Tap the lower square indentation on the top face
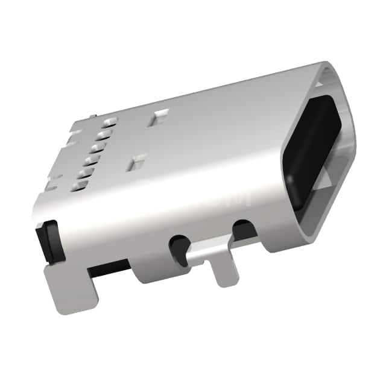(138, 161)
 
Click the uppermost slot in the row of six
(110, 122)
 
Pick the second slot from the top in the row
(103, 134)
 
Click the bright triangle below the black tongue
(324, 179)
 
